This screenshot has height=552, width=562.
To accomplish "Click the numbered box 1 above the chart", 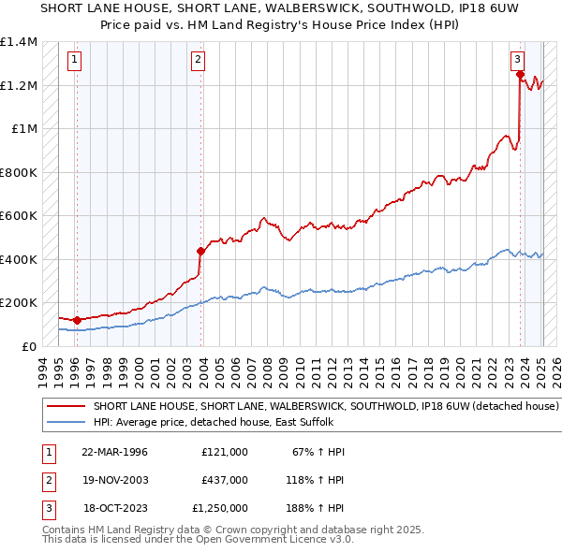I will coord(75,62).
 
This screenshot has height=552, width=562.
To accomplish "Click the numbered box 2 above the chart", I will coord(199,62).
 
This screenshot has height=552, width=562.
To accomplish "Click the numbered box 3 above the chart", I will coord(518,62).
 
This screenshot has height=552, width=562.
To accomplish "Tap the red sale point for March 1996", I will coord(77,321).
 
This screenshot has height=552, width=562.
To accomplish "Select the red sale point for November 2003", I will coord(200,251).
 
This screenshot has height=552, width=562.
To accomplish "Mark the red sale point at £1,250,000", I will coord(520,75).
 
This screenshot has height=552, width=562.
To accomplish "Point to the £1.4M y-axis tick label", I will coord(19,42).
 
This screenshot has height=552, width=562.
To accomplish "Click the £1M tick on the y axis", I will coord(24,129).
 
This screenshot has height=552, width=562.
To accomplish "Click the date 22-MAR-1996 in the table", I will coord(114,452).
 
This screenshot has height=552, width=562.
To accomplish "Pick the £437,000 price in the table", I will coord(225,480).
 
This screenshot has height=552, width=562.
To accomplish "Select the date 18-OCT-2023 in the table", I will coord(114,508).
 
